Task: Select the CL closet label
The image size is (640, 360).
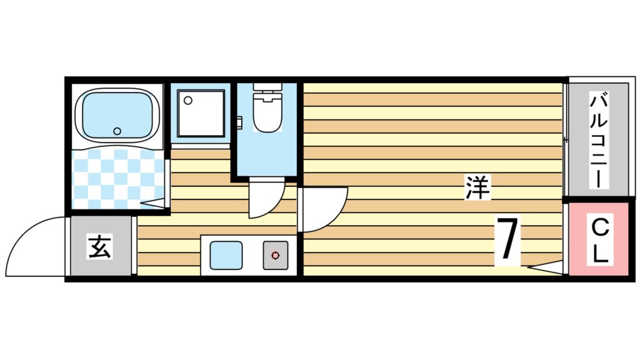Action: [x=600, y=241]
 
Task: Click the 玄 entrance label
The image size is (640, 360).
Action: [x=100, y=246]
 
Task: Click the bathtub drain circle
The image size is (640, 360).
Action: [x=117, y=131]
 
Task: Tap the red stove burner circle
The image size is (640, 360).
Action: [x=276, y=256]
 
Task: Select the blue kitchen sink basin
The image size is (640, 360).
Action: [x=226, y=255]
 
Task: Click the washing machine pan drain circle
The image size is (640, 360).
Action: [x=187, y=100]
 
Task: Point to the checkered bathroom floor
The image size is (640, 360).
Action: [x=117, y=179]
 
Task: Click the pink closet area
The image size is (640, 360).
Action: [x=598, y=239]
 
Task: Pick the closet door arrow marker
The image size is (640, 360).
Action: [x=544, y=267]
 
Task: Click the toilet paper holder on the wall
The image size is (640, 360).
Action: [x=239, y=121]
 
